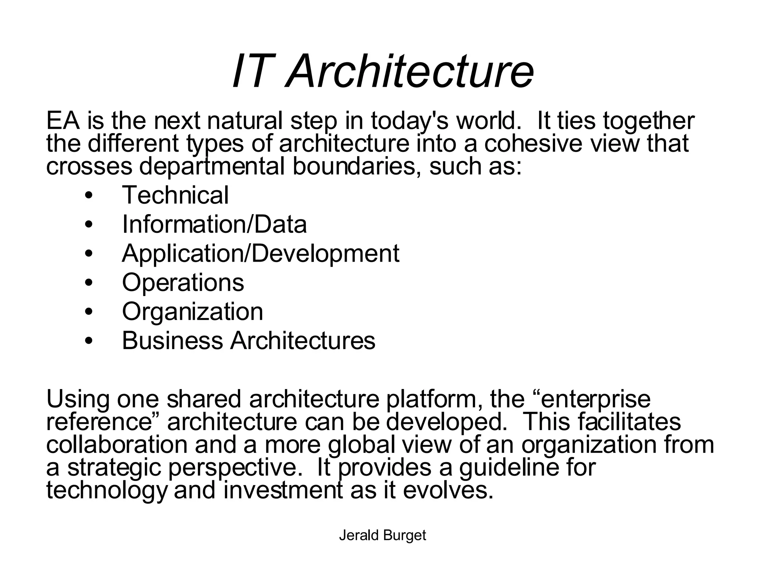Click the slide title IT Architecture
click(x=382, y=71)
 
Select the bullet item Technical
click(x=175, y=195)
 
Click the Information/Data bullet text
click(x=214, y=224)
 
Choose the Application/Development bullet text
click(x=260, y=253)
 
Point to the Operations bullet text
click(x=183, y=283)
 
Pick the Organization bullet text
click(x=192, y=311)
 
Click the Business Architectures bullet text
click(x=248, y=340)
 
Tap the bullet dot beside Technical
click(x=89, y=196)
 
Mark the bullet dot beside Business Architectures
click(x=89, y=341)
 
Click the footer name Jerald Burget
click(x=382, y=536)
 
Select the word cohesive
click(x=533, y=143)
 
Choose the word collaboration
click(x=117, y=445)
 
